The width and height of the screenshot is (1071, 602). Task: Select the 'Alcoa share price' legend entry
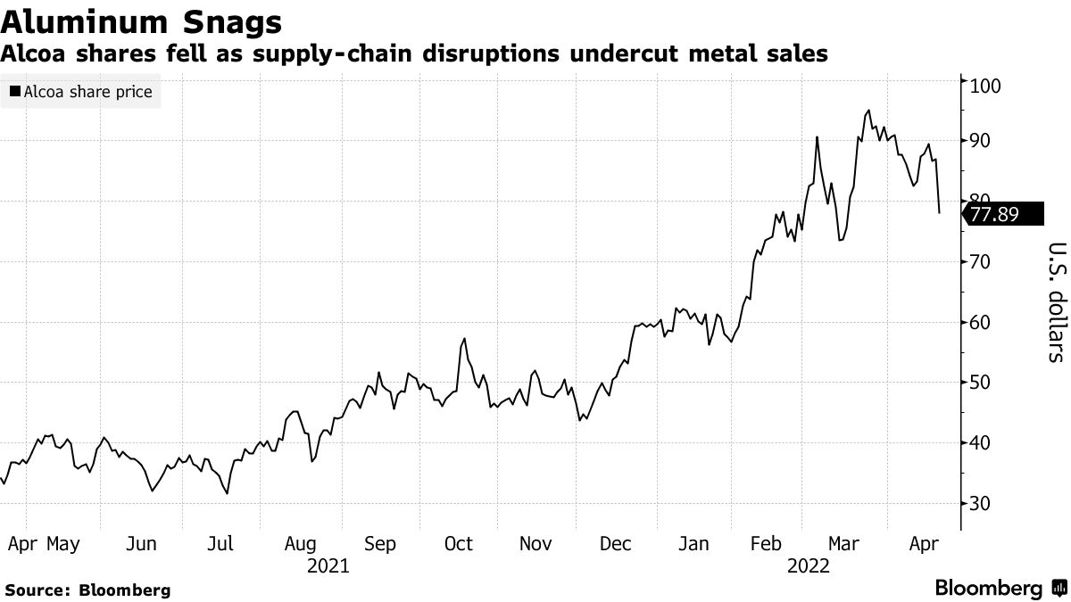click(x=81, y=91)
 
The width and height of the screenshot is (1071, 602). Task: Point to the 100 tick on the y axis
click(x=984, y=87)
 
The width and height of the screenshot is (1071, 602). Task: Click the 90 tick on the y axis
click(x=980, y=141)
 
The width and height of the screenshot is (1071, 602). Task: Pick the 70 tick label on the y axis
click(x=980, y=262)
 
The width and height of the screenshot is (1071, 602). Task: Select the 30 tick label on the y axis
click(x=980, y=504)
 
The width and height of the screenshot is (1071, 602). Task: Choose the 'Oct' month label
click(x=459, y=543)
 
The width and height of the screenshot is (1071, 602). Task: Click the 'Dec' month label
click(x=616, y=543)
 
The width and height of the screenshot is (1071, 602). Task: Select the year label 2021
click(x=328, y=566)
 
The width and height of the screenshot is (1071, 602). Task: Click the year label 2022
click(x=809, y=566)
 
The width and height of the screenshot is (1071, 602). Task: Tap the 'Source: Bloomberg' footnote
click(x=87, y=590)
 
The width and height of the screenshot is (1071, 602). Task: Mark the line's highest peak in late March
click(x=868, y=111)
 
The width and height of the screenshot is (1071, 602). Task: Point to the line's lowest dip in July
click(x=228, y=492)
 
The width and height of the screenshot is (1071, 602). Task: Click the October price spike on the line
click(x=464, y=339)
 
